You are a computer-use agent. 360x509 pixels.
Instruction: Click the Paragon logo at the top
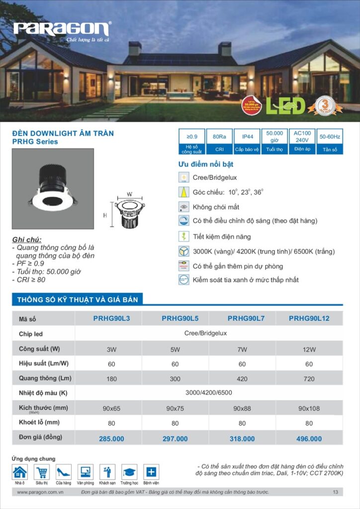(x=62, y=29)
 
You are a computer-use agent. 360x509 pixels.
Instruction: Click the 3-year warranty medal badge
(x=324, y=105)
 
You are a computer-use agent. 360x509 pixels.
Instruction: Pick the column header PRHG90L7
(x=242, y=318)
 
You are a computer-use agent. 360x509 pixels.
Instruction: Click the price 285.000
(x=111, y=439)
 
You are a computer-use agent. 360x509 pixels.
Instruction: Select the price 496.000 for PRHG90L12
(x=309, y=439)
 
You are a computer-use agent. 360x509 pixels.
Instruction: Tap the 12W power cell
(x=309, y=349)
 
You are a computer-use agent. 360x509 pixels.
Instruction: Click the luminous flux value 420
(x=242, y=379)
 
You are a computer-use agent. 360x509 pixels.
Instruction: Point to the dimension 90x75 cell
(x=175, y=409)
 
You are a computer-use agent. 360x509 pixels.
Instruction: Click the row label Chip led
(x=31, y=334)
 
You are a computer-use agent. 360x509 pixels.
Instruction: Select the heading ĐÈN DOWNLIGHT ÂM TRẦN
(x=63, y=133)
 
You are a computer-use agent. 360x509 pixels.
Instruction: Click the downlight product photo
(x=53, y=189)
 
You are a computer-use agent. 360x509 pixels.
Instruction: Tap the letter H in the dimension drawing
(x=105, y=215)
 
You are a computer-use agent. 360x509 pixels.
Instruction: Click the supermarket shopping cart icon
(x=41, y=472)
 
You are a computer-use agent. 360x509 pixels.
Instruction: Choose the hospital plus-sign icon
(x=151, y=472)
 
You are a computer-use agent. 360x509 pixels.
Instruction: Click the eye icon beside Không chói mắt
(x=184, y=207)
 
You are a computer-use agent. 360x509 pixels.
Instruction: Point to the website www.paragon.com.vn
(x=40, y=492)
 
